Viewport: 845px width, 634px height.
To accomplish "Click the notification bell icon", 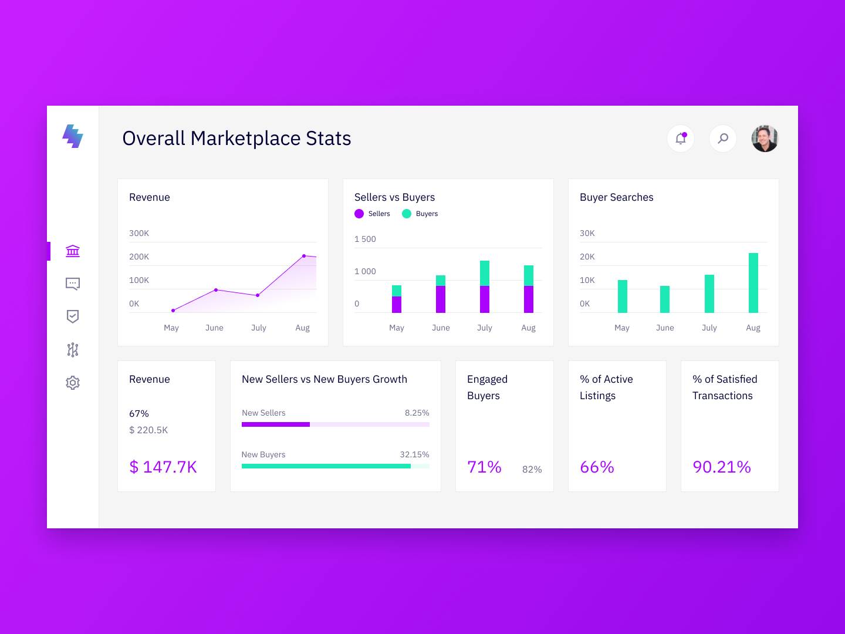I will click(x=681, y=139).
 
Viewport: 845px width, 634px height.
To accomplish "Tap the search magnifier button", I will click(x=723, y=139).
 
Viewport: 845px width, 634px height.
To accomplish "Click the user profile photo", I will click(x=765, y=139).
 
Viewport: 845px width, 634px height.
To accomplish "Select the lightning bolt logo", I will click(x=73, y=136).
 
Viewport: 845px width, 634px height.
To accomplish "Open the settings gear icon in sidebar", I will click(x=73, y=383).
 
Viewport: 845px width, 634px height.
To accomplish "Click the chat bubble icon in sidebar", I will click(x=73, y=284).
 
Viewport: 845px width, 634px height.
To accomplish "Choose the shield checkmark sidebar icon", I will click(x=73, y=317).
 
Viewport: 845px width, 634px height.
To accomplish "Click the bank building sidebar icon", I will click(x=73, y=251).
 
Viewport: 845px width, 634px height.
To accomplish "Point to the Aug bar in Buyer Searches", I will click(x=753, y=283).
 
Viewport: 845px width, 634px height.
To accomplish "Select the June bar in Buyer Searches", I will click(x=665, y=299).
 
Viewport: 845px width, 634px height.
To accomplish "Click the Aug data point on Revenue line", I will click(x=304, y=256).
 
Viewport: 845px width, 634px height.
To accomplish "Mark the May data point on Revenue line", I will click(x=173, y=311).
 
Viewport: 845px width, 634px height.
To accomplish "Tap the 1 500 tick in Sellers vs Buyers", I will click(x=365, y=239).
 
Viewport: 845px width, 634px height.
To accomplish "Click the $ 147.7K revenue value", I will click(x=163, y=467).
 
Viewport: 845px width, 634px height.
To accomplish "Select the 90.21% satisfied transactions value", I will click(x=722, y=467).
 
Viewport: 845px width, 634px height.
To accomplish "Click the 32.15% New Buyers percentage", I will click(x=414, y=454).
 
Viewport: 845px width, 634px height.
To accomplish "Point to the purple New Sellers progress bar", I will click(x=276, y=424).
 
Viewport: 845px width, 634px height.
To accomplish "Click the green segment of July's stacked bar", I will click(x=485, y=273).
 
